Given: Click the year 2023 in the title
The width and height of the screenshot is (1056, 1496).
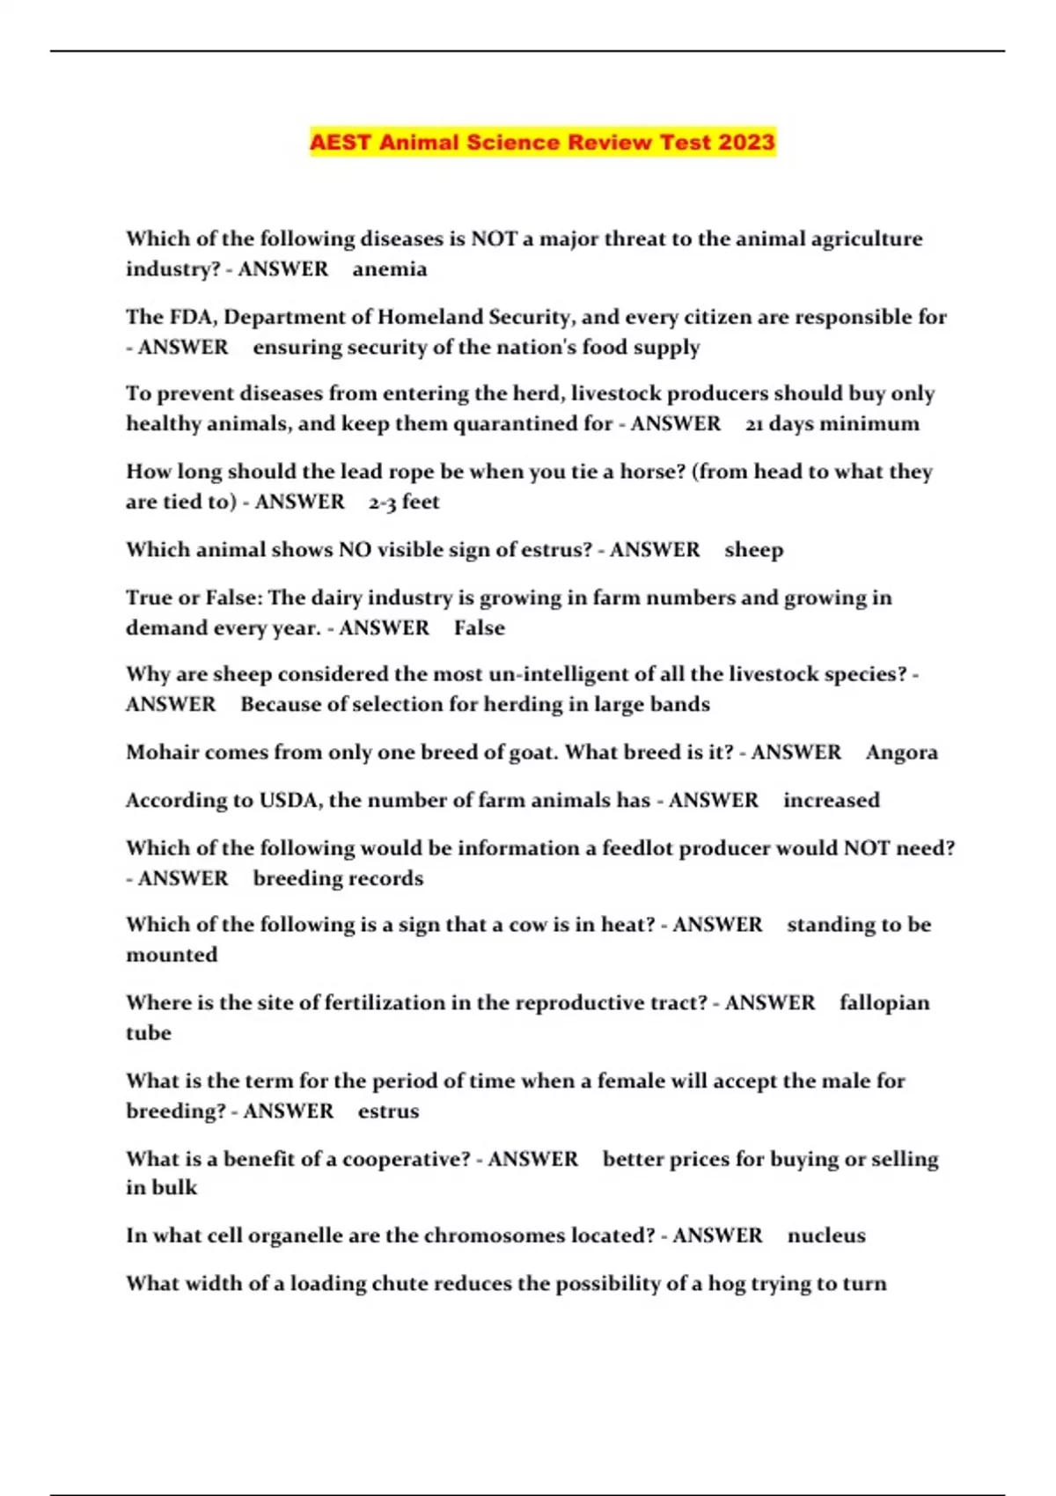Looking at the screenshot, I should (746, 143).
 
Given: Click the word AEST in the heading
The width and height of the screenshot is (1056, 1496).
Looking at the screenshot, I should (341, 143).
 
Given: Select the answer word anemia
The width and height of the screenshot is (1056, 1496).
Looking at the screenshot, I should (390, 269).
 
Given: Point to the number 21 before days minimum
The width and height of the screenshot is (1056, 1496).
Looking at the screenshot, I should (754, 424).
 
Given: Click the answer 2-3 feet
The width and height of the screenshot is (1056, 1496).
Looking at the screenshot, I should (404, 502).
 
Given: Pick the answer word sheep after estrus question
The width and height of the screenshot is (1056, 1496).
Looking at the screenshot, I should (753, 550).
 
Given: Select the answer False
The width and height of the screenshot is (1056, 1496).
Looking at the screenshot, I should (480, 628).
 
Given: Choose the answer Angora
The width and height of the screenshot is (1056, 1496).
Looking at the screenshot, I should (901, 752).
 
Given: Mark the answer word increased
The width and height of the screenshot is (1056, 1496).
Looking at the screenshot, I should (832, 800).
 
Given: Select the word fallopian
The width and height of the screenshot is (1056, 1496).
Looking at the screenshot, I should (884, 1003).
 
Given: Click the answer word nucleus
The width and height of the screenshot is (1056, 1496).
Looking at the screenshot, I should (826, 1236).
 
